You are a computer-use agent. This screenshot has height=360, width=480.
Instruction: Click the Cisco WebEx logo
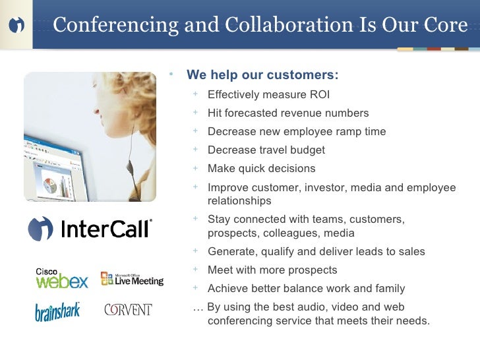pyautogui.click(x=61, y=278)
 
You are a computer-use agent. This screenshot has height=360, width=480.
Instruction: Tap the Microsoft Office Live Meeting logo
pyautogui.click(x=131, y=278)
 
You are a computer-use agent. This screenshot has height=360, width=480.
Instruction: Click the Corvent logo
pyautogui.click(x=128, y=309)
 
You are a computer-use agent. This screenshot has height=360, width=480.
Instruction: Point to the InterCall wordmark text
pyautogui.click(x=106, y=229)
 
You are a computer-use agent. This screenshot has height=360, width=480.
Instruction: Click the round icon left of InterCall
pyautogui.click(x=40, y=229)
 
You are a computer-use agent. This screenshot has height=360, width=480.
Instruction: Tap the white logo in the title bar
pyautogui.click(x=17, y=25)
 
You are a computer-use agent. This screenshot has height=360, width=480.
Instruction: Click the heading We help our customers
pyautogui.click(x=262, y=74)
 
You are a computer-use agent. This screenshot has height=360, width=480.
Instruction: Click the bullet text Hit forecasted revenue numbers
pyautogui.click(x=288, y=113)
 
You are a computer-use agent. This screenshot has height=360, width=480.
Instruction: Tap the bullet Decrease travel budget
pyautogui.click(x=266, y=150)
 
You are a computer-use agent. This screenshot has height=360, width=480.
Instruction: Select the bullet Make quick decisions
pyautogui.click(x=261, y=168)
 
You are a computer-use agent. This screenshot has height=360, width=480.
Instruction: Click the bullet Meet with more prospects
pyautogui.click(x=272, y=270)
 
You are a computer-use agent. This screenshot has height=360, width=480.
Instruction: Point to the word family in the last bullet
pyautogui.click(x=388, y=288)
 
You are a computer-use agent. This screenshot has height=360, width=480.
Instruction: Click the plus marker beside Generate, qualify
pyautogui.click(x=196, y=251)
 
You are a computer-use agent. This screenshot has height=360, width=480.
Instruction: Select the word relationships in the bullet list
pyautogui.click(x=239, y=200)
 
